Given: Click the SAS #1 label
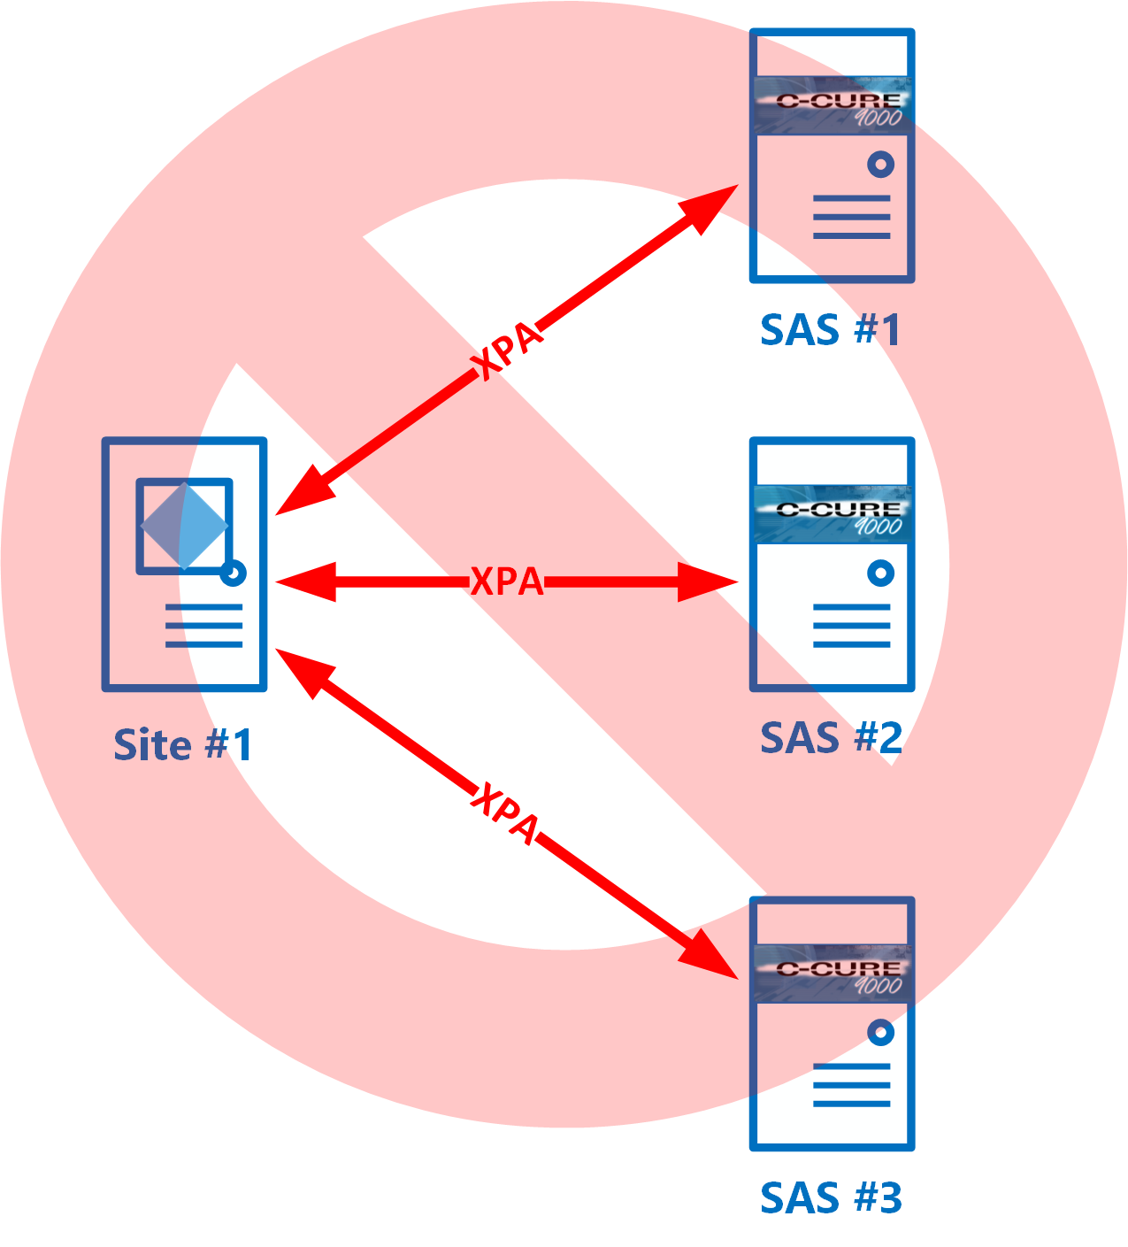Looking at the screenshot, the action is (831, 329).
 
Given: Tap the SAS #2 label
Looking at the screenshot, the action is (832, 738).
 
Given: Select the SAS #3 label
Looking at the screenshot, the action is (832, 1198).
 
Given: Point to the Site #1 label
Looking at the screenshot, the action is (183, 744).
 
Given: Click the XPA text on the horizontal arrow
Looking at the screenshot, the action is (507, 581).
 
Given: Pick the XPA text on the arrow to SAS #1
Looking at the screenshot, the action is (505, 350).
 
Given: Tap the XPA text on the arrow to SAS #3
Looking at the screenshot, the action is (504, 813).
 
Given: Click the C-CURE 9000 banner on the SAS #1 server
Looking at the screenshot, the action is (833, 105).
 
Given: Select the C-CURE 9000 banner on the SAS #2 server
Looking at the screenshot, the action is (833, 514).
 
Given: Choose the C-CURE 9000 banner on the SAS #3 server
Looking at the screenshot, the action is (833, 974).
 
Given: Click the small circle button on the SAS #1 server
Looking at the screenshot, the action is (880, 164).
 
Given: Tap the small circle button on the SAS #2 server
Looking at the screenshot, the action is (880, 573).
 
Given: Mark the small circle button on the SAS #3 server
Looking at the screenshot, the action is (880, 1033).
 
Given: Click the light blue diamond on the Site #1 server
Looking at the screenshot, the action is (185, 526).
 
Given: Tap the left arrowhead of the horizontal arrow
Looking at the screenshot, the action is (305, 581).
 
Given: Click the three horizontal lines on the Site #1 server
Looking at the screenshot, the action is (203, 626).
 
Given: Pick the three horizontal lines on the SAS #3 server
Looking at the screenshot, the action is (851, 1086).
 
